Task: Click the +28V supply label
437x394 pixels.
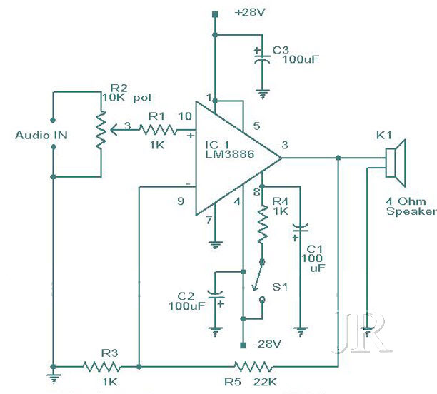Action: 250,13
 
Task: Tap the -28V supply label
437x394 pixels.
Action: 267,345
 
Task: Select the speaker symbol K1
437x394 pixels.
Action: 396,163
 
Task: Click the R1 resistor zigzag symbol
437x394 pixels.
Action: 158,130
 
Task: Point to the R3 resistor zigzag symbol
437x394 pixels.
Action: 102,367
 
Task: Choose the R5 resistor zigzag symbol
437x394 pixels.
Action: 253,367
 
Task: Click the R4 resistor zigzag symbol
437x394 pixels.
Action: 262,225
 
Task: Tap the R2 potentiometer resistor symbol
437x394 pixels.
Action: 101,130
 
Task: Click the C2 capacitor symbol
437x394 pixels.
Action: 216,298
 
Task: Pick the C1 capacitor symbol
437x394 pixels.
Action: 300,231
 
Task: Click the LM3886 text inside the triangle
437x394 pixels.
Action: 230,154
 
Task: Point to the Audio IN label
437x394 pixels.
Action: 41,136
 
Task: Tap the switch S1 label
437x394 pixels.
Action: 280,287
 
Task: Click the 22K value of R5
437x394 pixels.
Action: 265,383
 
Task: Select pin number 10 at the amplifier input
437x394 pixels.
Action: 185,116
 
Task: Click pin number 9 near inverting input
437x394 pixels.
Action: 181,201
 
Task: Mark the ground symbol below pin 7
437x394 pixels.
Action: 215,246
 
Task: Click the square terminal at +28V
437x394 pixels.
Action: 215,14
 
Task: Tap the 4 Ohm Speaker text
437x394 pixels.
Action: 411,206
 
